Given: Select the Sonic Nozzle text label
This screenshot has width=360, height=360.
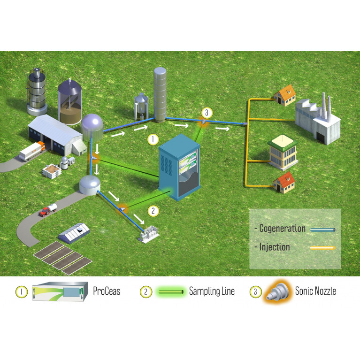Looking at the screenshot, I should (x=315, y=291).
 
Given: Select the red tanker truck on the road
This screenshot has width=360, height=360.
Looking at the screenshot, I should (x=48, y=210).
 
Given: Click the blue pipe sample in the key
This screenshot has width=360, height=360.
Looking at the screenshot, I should (x=322, y=230).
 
